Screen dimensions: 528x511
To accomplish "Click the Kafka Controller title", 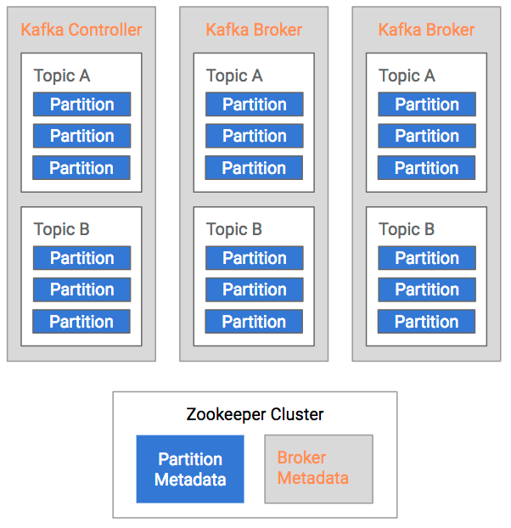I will pos(81,31).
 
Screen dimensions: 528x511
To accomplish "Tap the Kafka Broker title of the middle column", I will pos(254,31).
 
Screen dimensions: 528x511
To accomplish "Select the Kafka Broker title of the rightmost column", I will pos(426,31).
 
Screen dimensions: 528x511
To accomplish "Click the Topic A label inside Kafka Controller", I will pos(62,76).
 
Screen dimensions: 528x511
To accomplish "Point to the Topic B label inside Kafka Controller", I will pos(62,229).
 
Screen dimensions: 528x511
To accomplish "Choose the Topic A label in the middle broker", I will pos(234,76).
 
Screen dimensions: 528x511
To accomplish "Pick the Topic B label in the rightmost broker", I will pos(407,229).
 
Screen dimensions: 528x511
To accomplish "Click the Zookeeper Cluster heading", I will pos(255,415).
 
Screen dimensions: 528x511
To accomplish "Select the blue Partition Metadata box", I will pos(190,469).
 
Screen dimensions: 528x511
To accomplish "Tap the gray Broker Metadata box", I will pos(318,469).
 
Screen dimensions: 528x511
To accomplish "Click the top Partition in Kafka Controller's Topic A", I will pos(81,104).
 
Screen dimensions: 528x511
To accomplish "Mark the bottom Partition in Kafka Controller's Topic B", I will pos(81,322).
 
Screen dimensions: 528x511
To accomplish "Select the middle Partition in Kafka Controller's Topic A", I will pos(81,136).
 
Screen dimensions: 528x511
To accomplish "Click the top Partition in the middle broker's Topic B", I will pos(254,258).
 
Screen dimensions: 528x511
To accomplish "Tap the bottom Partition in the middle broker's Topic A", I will pos(254,168).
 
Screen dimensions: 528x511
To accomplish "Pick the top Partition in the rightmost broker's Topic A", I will pos(426,104).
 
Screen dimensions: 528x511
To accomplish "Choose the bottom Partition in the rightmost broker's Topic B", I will pos(426,322).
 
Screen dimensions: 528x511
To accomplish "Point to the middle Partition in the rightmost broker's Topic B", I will pos(426,289).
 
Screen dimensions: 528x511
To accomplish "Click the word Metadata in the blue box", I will pos(190,480).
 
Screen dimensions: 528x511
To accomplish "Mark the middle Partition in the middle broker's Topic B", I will pos(254,289).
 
